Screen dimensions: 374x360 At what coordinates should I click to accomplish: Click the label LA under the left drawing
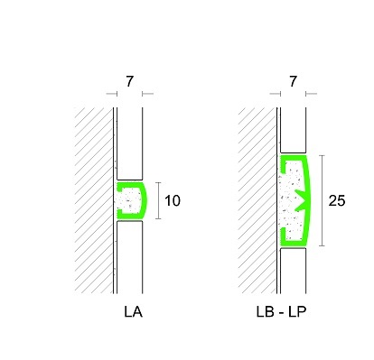coord(133,312)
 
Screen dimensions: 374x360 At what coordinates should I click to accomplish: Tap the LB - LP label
coord(281,312)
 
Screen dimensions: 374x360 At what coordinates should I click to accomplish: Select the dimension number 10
coord(173,200)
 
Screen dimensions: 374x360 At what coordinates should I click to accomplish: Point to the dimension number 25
coord(337,200)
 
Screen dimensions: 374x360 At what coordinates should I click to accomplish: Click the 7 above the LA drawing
coord(129,81)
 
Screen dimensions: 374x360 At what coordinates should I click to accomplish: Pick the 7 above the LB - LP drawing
coord(293,81)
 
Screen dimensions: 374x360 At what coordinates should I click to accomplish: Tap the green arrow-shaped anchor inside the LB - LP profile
coord(302,200)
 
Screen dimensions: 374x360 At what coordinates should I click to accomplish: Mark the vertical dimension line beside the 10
coord(159,200)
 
